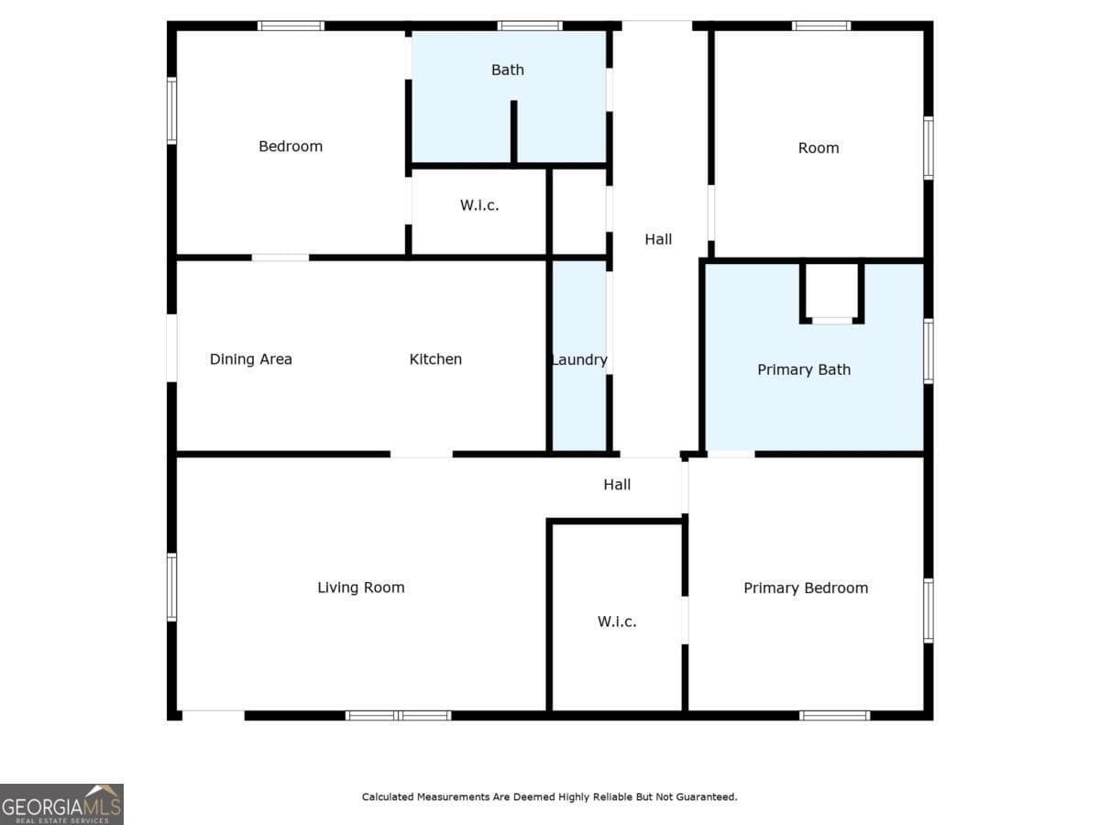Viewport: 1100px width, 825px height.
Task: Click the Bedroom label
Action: click(x=291, y=147)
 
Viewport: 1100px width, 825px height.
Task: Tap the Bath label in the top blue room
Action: click(x=508, y=70)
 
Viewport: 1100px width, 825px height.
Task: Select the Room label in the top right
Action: click(x=819, y=148)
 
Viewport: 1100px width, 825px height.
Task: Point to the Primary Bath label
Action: click(x=804, y=370)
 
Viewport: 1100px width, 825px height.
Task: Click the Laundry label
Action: click(x=579, y=360)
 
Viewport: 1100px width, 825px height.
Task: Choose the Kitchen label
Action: click(x=435, y=359)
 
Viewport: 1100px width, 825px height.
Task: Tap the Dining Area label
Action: click(x=251, y=359)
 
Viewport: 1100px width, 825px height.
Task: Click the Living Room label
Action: click(x=361, y=588)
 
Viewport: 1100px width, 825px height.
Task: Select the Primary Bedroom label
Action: click(x=806, y=588)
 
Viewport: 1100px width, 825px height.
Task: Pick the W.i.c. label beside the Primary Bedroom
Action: click(x=617, y=621)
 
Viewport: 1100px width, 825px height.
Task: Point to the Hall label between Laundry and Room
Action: click(x=658, y=239)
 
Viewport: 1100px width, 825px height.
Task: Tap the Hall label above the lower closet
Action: click(x=617, y=485)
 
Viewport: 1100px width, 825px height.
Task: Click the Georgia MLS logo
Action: click(x=61, y=804)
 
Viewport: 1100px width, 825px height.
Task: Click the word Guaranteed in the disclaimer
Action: click(x=706, y=797)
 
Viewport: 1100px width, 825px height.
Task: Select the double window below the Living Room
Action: click(x=399, y=715)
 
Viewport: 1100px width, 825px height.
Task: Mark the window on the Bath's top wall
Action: click(x=530, y=26)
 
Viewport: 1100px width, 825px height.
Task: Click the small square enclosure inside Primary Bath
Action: click(x=832, y=291)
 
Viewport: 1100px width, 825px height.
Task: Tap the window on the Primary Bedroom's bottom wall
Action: click(x=834, y=715)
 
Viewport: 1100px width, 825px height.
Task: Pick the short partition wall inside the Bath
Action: click(x=514, y=133)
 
